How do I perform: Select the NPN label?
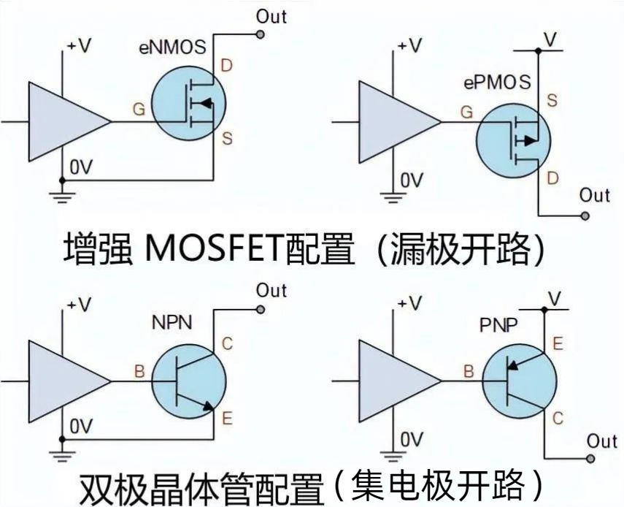(172, 322)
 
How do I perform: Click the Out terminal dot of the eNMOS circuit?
(261, 34)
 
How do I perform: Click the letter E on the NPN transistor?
(227, 419)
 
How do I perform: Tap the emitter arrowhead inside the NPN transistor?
(210, 406)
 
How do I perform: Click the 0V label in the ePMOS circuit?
(412, 179)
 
